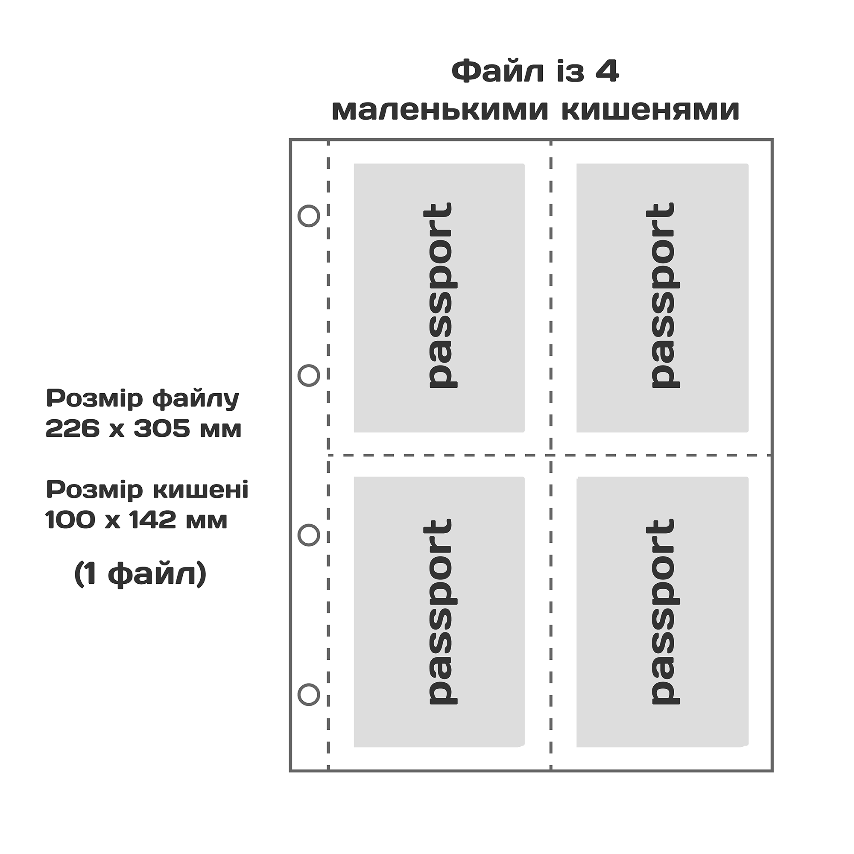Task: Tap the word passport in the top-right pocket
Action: tap(662, 295)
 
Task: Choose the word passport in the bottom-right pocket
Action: tap(662, 611)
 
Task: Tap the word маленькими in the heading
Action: tap(440, 111)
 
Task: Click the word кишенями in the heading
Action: tap(651, 111)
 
